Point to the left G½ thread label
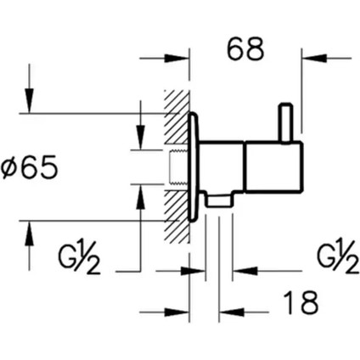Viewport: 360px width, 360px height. click(x=81, y=258)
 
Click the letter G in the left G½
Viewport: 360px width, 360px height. click(x=69, y=258)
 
